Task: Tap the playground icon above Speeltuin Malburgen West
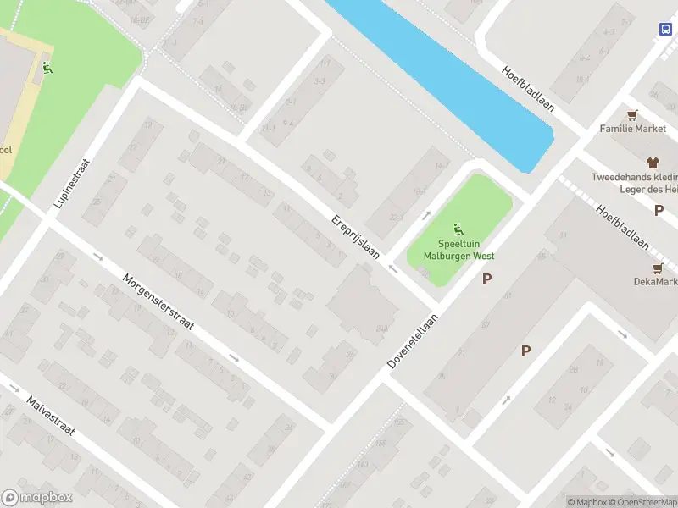(x=458, y=228)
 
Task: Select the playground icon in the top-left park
(x=47, y=68)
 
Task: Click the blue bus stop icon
(x=664, y=28)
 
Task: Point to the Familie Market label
(x=632, y=129)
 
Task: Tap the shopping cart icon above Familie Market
(x=632, y=114)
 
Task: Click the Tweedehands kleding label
(x=635, y=177)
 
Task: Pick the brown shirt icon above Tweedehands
(x=652, y=162)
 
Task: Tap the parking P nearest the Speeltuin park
(x=486, y=279)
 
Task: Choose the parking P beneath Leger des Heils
(x=659, y=211)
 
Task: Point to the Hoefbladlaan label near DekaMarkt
(x=622, y=229)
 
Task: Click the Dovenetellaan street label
(x=413, y=341)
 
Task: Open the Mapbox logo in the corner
(x=37, y=498)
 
